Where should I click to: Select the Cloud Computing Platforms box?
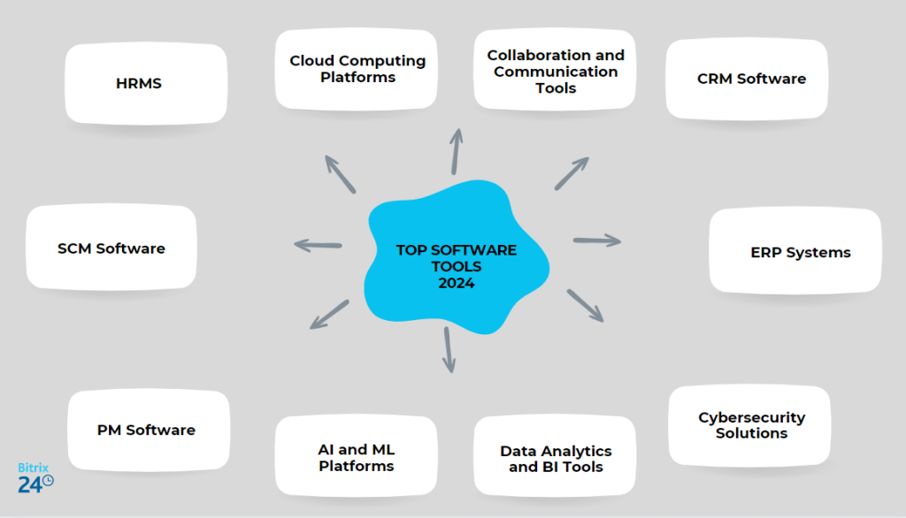coord(357,69)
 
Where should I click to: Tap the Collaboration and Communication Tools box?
coord(555,71)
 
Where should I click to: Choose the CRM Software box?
coord(750,79)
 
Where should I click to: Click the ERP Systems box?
coord(799,252)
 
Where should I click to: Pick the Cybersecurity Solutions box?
coord(750,425)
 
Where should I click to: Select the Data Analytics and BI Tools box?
coord(555,458)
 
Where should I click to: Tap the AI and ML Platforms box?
coord(357,457)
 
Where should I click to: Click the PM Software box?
coord(147,430)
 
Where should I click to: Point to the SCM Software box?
coord(111,248)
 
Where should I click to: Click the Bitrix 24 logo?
coord(35,476)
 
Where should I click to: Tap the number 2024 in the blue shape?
coord(457,283)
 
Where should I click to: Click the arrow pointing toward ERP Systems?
coord(597,240)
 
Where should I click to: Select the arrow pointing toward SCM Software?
coord(318,245)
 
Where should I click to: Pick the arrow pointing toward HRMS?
coord(340,174)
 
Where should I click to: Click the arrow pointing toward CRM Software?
coord(572,173)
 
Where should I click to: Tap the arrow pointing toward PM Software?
coord(329,314)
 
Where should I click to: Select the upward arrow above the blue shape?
coord(457,150)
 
